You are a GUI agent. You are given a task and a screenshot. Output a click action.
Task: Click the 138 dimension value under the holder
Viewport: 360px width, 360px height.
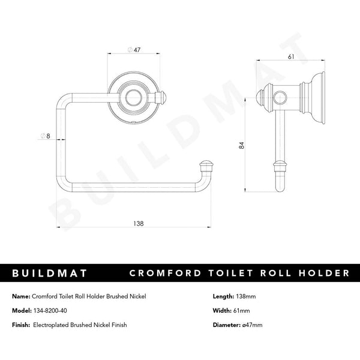(x=139, y=223)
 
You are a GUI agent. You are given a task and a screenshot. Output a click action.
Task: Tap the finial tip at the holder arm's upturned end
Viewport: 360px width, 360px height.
(x=206, y=163)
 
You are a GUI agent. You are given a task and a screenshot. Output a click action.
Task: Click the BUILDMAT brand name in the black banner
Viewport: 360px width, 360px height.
(x=50, y=274)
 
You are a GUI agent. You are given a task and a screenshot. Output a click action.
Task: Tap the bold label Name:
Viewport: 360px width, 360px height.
(x=22, y=296)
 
